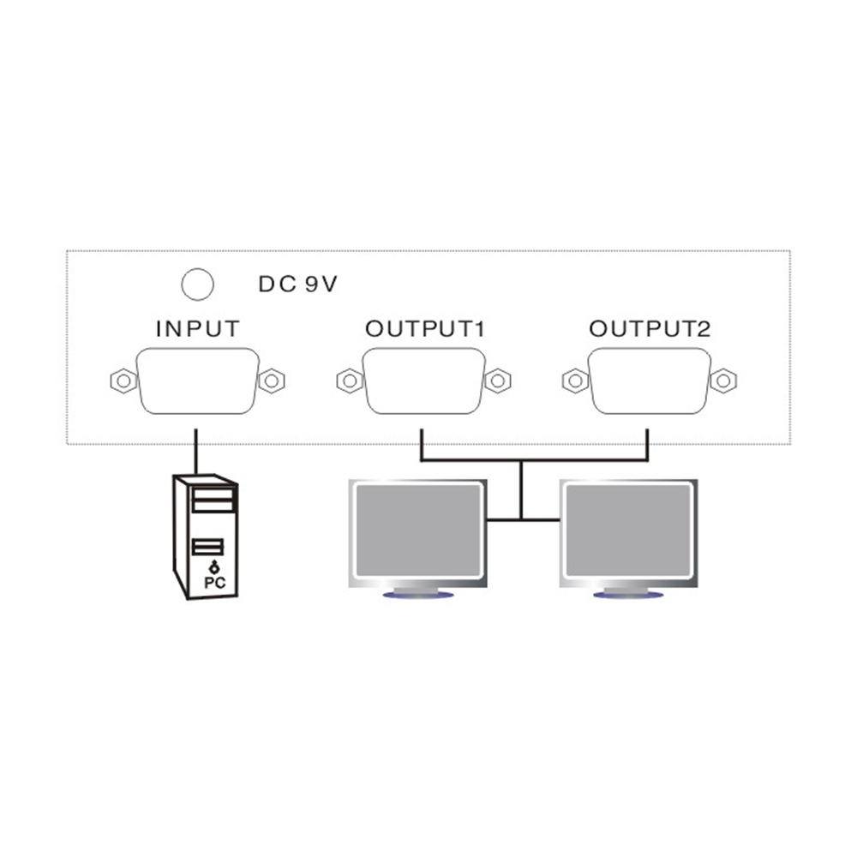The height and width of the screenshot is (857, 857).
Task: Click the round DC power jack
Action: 197,285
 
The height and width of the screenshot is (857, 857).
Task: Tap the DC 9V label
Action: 298,285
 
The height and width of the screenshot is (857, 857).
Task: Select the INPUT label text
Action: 198,328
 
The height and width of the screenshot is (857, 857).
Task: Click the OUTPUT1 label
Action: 425,328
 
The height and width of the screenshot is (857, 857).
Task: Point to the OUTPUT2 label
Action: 650,328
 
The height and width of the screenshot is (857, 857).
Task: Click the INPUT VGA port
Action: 197,381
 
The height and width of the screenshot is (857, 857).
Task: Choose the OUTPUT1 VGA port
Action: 423,381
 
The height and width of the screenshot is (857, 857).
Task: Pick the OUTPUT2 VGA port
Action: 650,381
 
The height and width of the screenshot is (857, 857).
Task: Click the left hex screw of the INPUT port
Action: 123,381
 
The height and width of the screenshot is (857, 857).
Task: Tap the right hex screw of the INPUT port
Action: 272,381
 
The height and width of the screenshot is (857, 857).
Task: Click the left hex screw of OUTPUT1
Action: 350,381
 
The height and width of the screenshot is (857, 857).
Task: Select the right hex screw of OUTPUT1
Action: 498,381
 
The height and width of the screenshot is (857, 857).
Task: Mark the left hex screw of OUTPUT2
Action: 576,381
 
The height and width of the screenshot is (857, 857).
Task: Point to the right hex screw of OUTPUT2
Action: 723,381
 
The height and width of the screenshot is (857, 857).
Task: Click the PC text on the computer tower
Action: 215,583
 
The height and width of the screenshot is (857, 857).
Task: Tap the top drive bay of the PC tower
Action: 213,494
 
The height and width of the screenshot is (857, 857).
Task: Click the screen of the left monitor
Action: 418,530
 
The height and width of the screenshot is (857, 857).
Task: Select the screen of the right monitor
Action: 628,530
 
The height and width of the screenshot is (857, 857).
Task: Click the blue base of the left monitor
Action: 418,595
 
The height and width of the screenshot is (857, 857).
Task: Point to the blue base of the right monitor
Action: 628,595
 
